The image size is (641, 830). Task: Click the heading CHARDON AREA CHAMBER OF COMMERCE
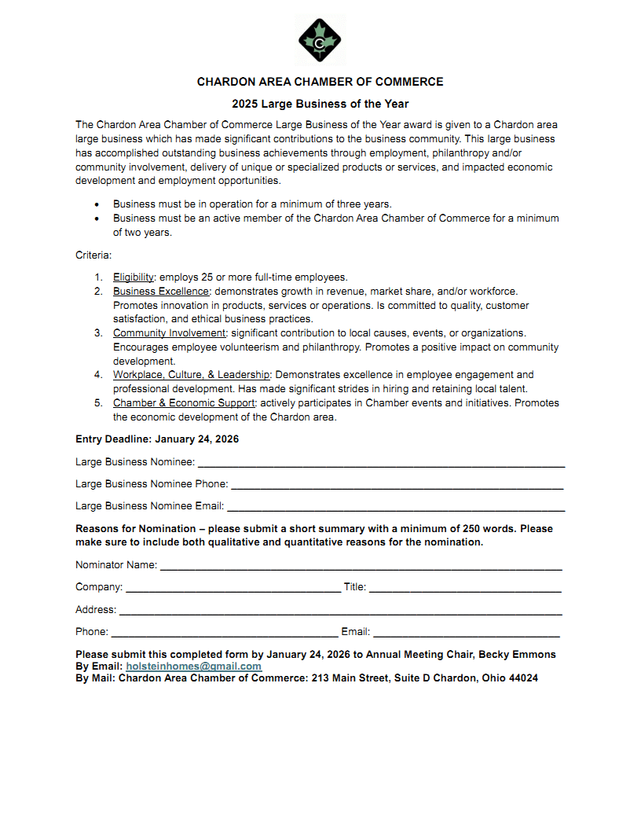click(x=320, y=82)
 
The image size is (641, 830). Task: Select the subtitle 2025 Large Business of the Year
click(x=320, y=104)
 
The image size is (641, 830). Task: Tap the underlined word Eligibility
click(x=134, y=277)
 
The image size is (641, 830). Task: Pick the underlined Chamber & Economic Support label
click(x=184, y=403)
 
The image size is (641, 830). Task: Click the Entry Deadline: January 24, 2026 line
click(x=157, y=439)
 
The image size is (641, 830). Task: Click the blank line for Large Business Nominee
click(x=380, y=464)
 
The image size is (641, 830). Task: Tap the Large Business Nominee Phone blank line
click(x=397, y=486)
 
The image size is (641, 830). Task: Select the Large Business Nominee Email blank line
click(x=395, y=508)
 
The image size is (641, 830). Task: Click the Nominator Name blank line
click(x=361, y=567)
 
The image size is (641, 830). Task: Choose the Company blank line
click(x=233, y=589)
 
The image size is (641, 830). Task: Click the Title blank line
click(x=464, y=589)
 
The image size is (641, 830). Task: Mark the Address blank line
click(x=340, y=611)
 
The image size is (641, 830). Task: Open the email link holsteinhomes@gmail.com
click(x=193, y=667)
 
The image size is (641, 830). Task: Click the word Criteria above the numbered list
click(x=93, y=255)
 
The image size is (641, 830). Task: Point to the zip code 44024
click(x=522, y=678)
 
